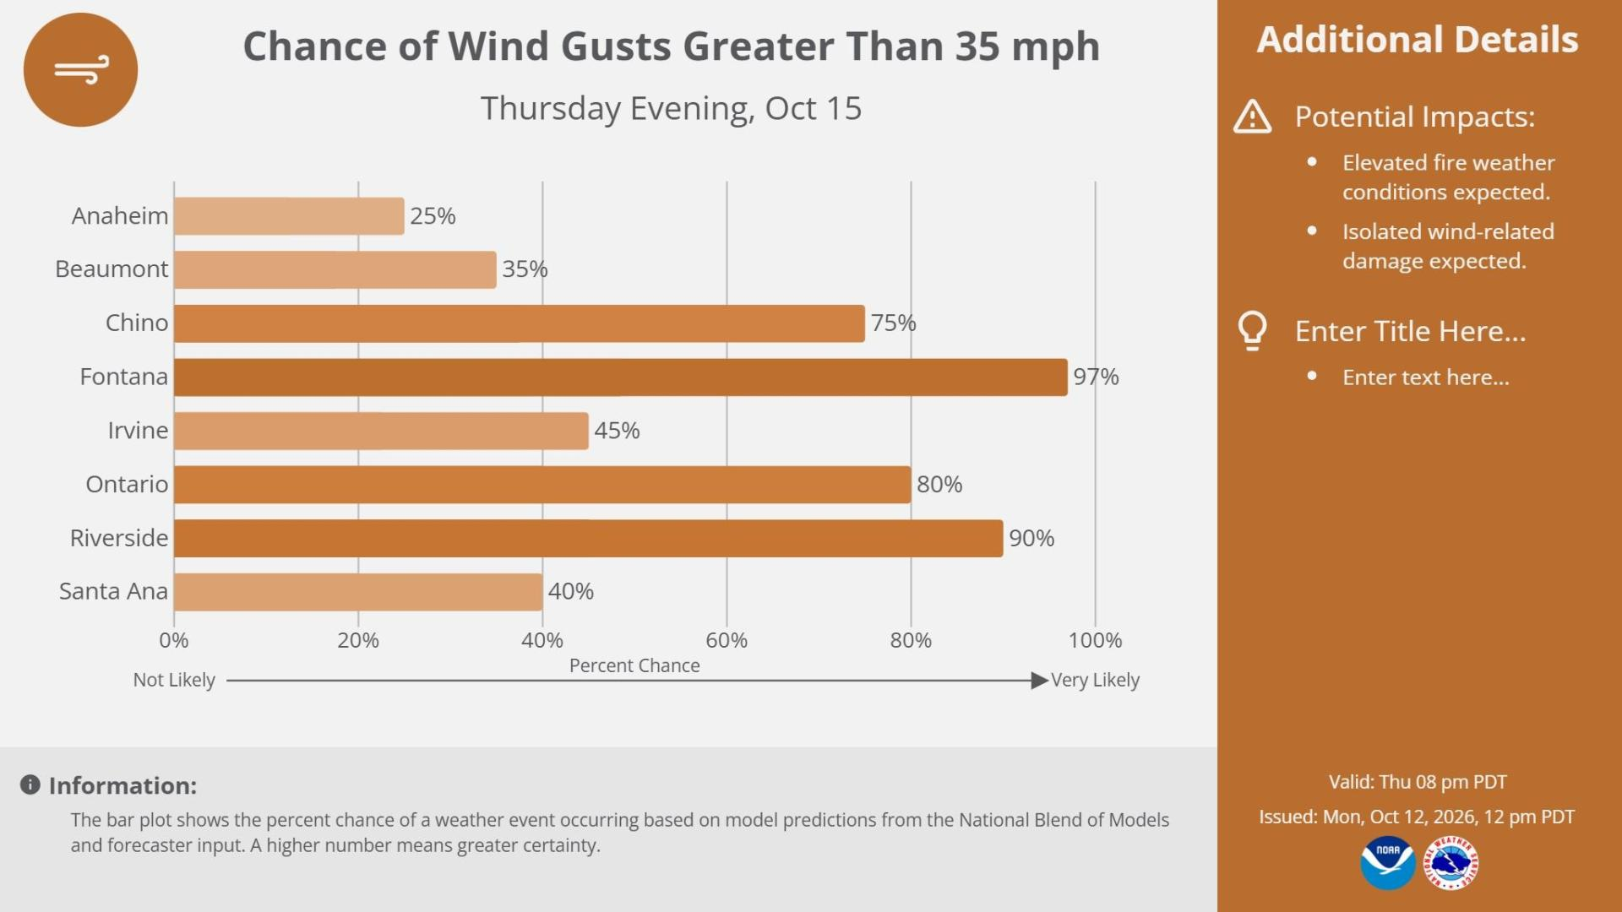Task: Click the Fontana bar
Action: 621,377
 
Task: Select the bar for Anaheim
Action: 289,216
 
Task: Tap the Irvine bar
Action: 381,431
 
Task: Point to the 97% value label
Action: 1096,377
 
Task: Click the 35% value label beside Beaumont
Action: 525,269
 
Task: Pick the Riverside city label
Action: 119,538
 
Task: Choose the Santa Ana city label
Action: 113,591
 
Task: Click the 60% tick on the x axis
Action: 727,640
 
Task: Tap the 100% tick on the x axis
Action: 1095,640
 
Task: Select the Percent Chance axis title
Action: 634,665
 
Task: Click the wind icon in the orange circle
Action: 82,71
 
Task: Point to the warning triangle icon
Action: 1252,117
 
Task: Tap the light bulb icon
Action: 1252,331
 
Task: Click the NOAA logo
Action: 1388,862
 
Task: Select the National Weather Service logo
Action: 1451,862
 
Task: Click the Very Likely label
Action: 1095,680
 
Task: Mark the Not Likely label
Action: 174,680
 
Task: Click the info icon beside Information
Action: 30,785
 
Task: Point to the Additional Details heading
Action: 1418,40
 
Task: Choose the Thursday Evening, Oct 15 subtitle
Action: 671,109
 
